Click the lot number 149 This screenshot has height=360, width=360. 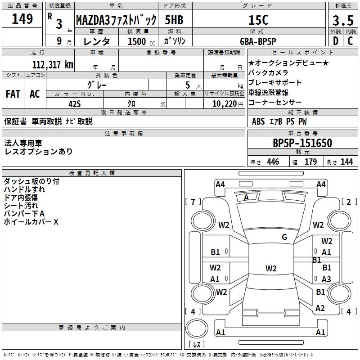click(22, 19)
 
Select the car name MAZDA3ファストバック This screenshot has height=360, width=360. click(116, 20)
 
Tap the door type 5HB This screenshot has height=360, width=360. click(174, 20)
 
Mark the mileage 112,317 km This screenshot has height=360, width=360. click(53, 64)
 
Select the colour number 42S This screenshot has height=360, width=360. click(74, 103)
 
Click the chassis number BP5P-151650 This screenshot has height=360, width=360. click(302, 143)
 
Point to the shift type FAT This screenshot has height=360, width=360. click(13, 94)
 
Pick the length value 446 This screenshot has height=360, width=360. click(273, 162)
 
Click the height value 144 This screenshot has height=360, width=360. click(346, 162)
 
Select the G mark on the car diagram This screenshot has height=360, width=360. click(284, 237)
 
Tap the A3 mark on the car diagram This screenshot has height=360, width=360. click(326, 279)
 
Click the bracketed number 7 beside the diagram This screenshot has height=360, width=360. click(193, 202)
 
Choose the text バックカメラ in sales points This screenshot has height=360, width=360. click(268, 72)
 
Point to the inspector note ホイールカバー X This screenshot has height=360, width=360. click(31, 222)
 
